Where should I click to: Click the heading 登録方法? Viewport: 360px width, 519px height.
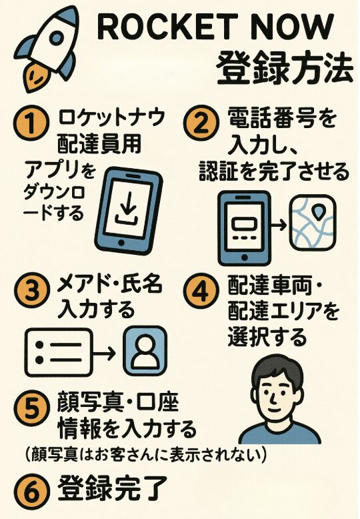tap(285, 68)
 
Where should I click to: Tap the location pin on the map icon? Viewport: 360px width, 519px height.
tap(319, 213)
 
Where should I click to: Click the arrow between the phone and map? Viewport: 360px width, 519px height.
tap(279, 226)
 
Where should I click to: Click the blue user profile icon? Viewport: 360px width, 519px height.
tap(145, 352)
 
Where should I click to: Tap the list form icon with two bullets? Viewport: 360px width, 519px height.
tap(58, 352)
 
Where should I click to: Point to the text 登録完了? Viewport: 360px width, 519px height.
tap(113, 488)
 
